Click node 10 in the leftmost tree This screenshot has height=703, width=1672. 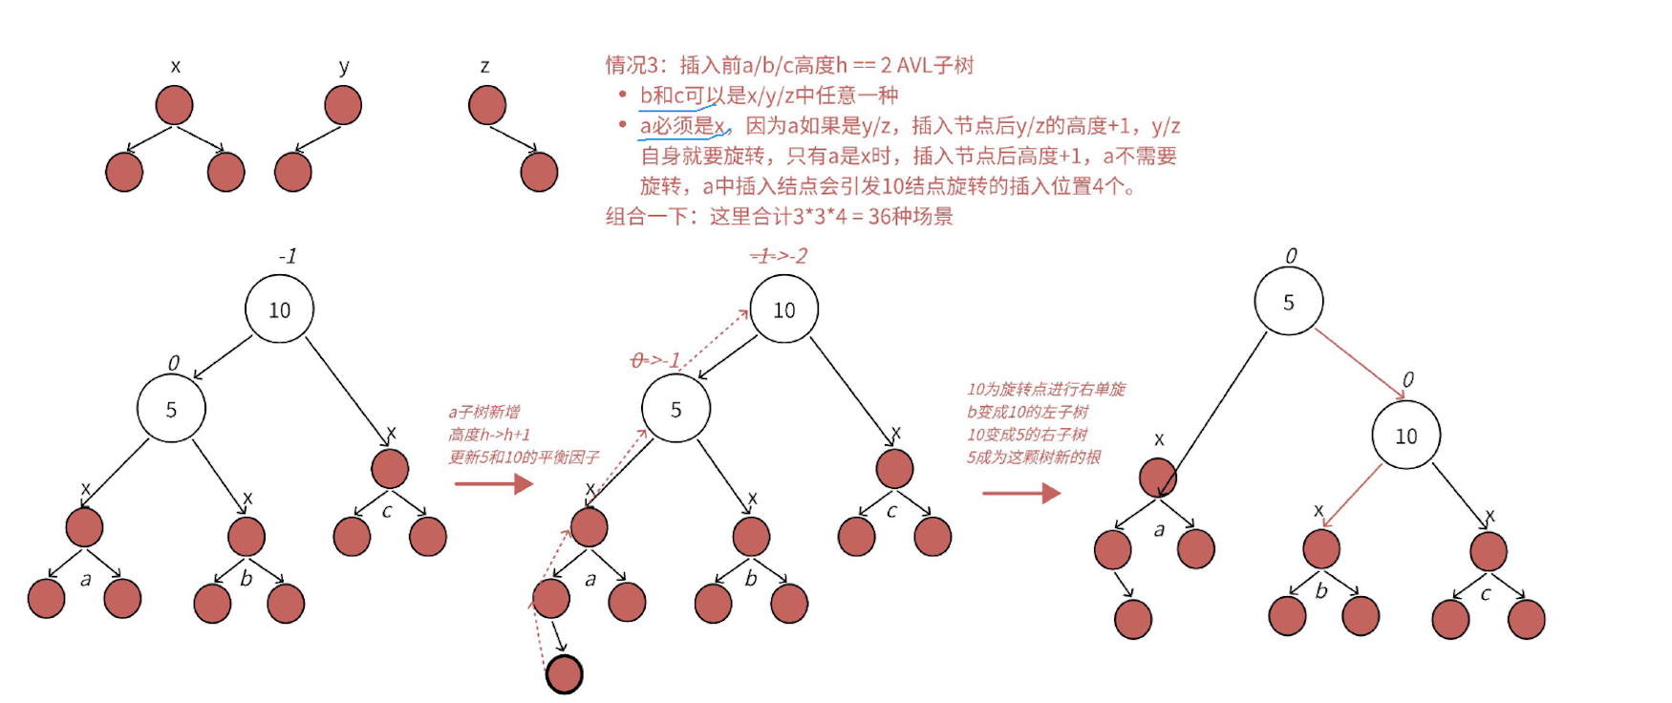pyautogui.click(x=279, y=309)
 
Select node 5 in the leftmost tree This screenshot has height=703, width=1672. pyautogui.click(x=171, y=409)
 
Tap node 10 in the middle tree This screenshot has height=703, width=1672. pyautogui.click(x=783, y=309)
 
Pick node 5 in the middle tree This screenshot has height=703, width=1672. pyautogui.click(x=675, y=409)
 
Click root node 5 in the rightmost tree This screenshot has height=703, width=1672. pyautogui.click(x=1288, y=302)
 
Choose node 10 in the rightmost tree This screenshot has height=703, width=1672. pyautogui.click(x=1405, y=436)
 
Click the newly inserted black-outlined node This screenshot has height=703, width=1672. pyautogui.click(x=564, y=674)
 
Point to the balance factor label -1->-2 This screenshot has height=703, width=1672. pyautogui.click(x=779, y=256)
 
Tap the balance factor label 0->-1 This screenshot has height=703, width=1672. pyautogui.click(x=655, y=360)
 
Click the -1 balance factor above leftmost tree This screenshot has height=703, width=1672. pyautogui.click(x=288, y=256)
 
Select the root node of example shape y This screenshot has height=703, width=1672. pyautogui.click(x=343, y=105)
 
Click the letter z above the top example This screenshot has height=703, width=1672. pyautogui.click(x=484, y=66)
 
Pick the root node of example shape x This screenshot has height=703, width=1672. pyautogui.click(x=174, y=105)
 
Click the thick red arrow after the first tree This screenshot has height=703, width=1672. pyautogui.click(x=493, y=484)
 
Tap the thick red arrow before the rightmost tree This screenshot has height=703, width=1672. pyautogui.click(x=1021, y=493)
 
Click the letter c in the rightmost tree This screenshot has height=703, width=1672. pyautogui.click(x=1486, y=593)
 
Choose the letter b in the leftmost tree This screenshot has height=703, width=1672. pyautogui.click(x=247, y=578)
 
